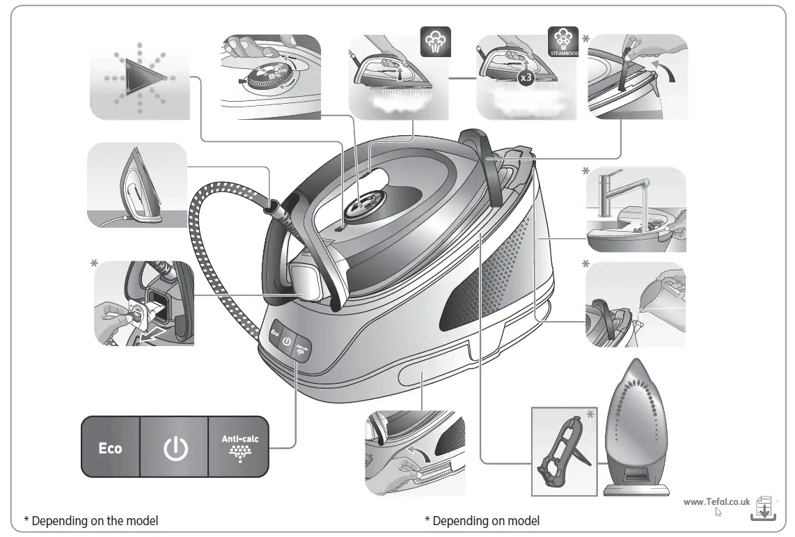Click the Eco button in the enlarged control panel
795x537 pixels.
(x=110, y=448)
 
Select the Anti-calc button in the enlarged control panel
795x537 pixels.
(x=238, y=447)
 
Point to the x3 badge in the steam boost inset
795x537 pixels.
(x=526, y=78)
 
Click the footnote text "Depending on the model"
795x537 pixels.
(x=95, y=520)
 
